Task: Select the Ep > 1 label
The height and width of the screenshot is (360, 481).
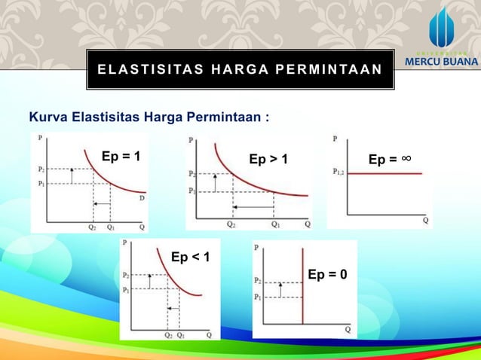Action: pos(268,160)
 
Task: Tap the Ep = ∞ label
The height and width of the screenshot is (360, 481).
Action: pos(389,159)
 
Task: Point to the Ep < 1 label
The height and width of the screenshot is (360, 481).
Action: pos(190,258)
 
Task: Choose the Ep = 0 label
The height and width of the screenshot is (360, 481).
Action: pos(327,273)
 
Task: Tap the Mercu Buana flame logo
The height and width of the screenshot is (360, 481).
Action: pos(442,28)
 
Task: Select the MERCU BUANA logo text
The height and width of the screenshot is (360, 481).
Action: pos(441,61)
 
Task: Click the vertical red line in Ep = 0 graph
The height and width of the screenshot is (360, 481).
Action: pos(302,286)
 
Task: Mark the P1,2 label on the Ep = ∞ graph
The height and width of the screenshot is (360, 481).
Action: pos(339,172)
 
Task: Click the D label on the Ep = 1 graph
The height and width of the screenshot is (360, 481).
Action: pos(140,198)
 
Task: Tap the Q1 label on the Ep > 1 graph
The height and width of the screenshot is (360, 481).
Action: pos(276,224)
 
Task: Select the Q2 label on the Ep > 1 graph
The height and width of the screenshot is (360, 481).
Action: pos(232,224)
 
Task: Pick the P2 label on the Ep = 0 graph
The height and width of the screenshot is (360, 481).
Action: pos(258,280)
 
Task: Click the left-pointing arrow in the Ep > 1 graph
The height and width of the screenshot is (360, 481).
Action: pos(253,206)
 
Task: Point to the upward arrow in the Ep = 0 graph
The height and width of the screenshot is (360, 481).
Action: pos(280,289)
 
